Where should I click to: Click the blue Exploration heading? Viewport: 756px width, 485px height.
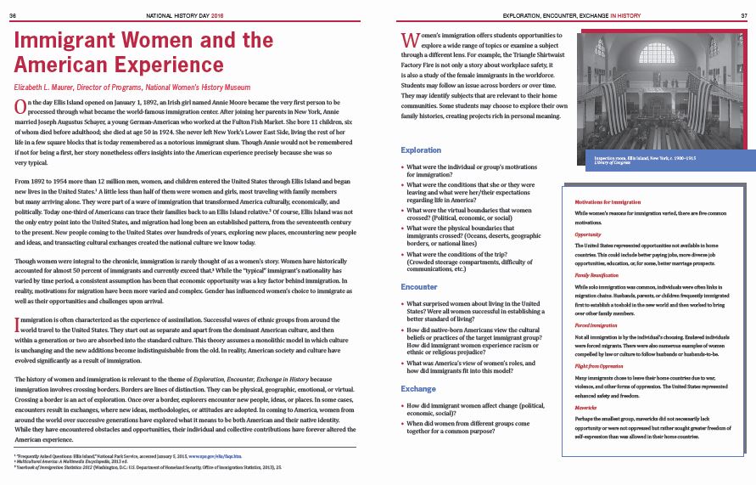point(421,150)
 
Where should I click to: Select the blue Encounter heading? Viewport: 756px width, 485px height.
point(419,287)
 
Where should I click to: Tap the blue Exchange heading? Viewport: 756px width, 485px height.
point(417,388)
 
